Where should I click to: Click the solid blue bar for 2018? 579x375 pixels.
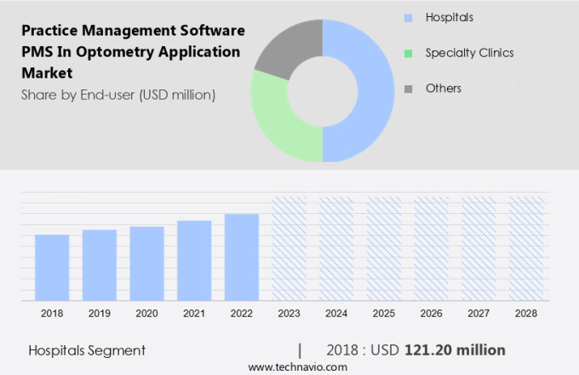point(52,267)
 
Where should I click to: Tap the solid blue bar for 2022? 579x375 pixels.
point(242,257)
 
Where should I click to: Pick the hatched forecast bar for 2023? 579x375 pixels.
point(289,248)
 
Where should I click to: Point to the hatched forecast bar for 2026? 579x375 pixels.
point(431,248)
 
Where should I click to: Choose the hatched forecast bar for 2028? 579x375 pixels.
point(526,248)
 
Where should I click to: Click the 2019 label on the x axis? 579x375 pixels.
point(99,314)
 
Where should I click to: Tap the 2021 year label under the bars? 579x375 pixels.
point(194,314)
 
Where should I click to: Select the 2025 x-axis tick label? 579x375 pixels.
point(384,314)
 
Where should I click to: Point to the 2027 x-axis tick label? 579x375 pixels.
point(479,314)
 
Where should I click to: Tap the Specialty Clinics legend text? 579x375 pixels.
point(470,53)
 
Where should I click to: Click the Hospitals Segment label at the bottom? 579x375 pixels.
point(87,350)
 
